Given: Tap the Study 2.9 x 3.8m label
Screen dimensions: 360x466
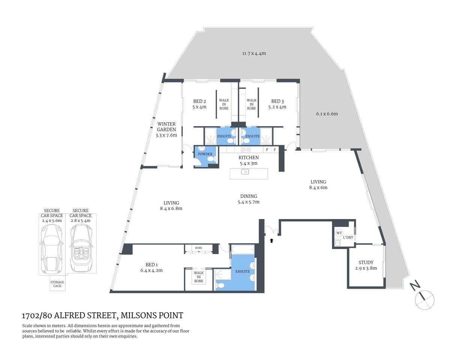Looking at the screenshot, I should (x=366, y=265).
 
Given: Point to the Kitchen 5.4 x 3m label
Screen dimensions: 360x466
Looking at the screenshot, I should (x=248, y=160).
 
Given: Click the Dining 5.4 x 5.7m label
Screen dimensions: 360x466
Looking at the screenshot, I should (x=248, y=199).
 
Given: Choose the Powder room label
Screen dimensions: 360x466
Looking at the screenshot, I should (x=205, y=154).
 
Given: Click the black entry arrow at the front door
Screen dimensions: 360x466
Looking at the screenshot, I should (x=271, y=240).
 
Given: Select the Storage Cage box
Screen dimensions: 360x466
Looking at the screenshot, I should (x=57, y=284).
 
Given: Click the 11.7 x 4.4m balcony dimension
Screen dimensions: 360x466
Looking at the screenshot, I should (x=254, y=53).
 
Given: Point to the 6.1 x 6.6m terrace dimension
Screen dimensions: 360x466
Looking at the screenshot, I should (x=327, y=114).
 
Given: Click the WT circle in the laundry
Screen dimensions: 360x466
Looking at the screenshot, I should (x=339, y=233).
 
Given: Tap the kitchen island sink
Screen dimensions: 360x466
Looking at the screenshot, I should (x=245, y=172).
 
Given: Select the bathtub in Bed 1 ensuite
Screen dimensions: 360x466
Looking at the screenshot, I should (x=242, y=249).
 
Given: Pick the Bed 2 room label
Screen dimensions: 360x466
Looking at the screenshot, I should (x=200, y=104).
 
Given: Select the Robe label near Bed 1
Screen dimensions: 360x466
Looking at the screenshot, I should (x=198, y=248).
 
